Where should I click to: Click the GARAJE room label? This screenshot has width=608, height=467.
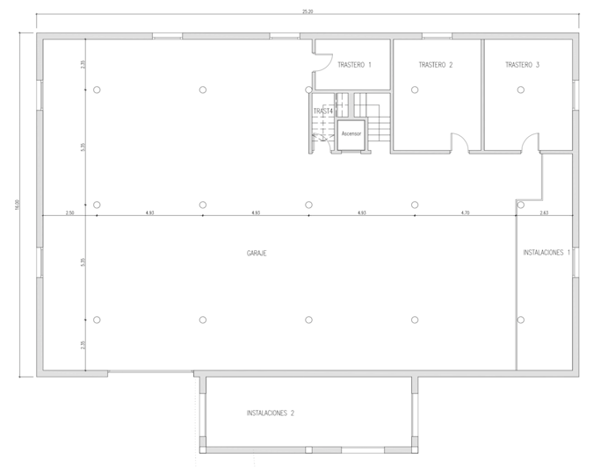pos(257,253)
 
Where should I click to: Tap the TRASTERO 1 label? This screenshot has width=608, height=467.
pos(354,65)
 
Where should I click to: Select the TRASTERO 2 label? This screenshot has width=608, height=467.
pos(436,65)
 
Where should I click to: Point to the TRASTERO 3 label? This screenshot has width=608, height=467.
pos(522,65)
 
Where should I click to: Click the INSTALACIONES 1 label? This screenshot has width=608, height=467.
pos(546,253)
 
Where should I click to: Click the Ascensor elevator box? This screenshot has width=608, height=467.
pos(351,133)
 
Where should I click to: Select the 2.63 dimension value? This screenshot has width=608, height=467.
pos(544,212)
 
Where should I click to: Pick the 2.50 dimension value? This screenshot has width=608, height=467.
pos(69,212)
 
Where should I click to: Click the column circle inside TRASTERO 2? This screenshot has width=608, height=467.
pos(415,90)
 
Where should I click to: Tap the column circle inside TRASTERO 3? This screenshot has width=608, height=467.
pos(521,90)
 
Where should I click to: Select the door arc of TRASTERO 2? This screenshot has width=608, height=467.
pos(459,140)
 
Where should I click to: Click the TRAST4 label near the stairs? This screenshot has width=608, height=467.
pos(322,111)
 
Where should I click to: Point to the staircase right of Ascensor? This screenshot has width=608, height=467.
pos(379,127)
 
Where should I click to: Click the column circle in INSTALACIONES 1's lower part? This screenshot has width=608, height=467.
pos(521,320)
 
